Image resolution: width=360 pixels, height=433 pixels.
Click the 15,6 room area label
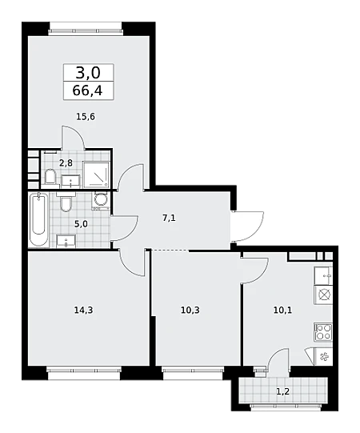(x=86, y=117)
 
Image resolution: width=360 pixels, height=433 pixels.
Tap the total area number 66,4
(x=87, y=90)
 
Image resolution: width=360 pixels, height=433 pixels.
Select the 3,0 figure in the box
(x=88, y=73)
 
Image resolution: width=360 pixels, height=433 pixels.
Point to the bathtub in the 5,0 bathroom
(x=38, y=219)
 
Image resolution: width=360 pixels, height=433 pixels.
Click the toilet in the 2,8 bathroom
(x=50, y=176)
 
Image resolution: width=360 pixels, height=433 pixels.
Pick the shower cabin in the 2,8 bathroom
(x=96, y=174)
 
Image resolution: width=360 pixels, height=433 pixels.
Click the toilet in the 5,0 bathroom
(x=66, y=202)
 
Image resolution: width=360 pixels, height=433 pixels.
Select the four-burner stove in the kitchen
(x=323, y=331)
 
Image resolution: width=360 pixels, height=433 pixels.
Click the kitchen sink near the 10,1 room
(x=323, y=275)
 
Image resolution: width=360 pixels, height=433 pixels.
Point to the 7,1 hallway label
(x=169, y=219)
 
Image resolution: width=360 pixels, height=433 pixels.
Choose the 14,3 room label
(x=83, y=310)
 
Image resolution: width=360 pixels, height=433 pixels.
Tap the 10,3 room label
(x=190, y=310)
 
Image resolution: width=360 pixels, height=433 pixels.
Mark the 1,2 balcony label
(x=283, y=391)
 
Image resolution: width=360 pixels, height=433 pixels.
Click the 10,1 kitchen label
(x=282, y=310)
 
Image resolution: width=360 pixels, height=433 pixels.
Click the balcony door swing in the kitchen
(x=278, y=358)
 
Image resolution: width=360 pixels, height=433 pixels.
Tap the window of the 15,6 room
(x=86, y=31)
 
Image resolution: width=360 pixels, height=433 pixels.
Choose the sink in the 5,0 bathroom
(x=66, y=241)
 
